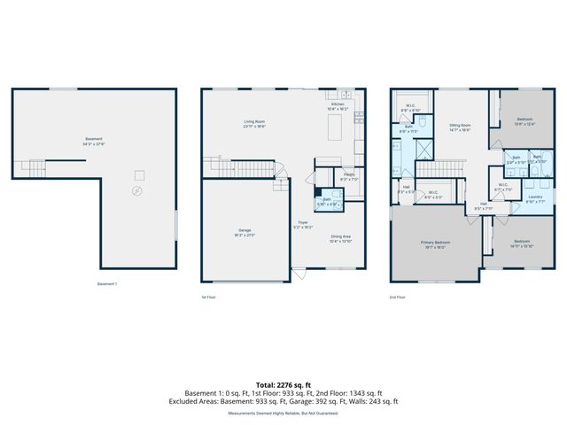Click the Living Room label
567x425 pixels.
tap(255, 123)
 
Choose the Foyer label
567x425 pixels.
tap(303, 225)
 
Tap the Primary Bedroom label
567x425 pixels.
tap(435, 243)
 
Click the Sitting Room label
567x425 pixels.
tap(459, 127)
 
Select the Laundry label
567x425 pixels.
tap(535, 198)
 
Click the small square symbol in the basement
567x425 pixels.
tap(139, 174)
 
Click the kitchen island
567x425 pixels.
tap(335, 129)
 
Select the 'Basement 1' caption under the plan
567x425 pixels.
tap(107, 283)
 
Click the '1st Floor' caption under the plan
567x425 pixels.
tap(209, 297)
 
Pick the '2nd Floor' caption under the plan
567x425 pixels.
tap(399, 297)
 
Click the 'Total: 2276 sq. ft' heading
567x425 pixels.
tap(283, 384)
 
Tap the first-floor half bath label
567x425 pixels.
tap(327, 201)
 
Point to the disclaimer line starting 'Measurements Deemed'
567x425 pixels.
tap(283, 413)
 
